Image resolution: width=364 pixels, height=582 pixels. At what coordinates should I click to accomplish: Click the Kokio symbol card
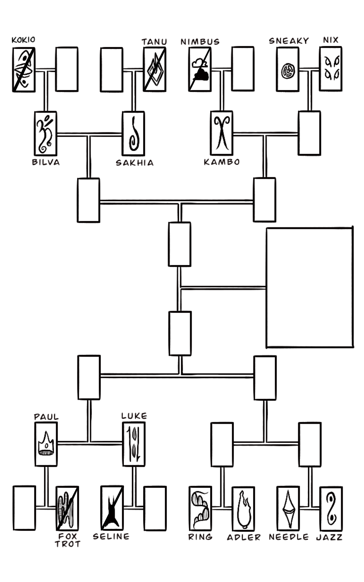24,70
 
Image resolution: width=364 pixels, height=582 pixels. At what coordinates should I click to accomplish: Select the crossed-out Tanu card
155,70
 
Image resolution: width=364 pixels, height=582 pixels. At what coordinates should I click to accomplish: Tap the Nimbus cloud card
200,70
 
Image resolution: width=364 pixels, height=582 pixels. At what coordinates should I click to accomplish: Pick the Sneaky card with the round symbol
288,70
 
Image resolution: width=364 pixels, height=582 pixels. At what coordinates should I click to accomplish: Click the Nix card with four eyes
331,69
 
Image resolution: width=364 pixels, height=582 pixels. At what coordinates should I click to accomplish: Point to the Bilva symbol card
45,134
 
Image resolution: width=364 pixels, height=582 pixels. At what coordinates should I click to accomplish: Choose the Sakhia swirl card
134,134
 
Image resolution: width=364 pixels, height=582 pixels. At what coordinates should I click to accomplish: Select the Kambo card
221,133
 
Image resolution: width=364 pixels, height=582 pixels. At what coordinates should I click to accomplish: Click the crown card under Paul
46,444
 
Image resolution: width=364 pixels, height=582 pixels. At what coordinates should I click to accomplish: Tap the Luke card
134,444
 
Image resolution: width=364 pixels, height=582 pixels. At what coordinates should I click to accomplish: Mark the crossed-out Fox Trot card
67,508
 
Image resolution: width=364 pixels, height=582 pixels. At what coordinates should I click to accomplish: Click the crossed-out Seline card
112,508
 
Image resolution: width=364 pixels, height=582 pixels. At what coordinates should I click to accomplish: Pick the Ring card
200,508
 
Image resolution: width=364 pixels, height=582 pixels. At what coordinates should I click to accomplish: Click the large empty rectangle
309,288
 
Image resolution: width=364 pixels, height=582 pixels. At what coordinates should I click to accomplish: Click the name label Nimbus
200,42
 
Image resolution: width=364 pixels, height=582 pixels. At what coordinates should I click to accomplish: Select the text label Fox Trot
68,540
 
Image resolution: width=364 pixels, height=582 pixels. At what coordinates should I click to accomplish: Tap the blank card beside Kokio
67,69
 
